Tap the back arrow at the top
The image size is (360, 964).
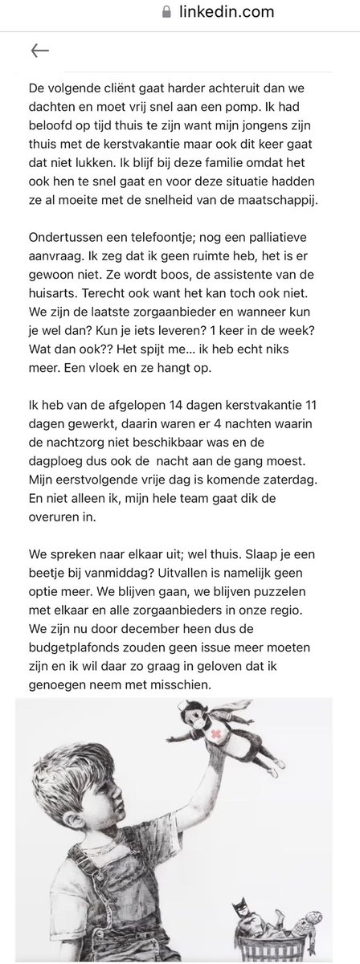coord(39,51)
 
